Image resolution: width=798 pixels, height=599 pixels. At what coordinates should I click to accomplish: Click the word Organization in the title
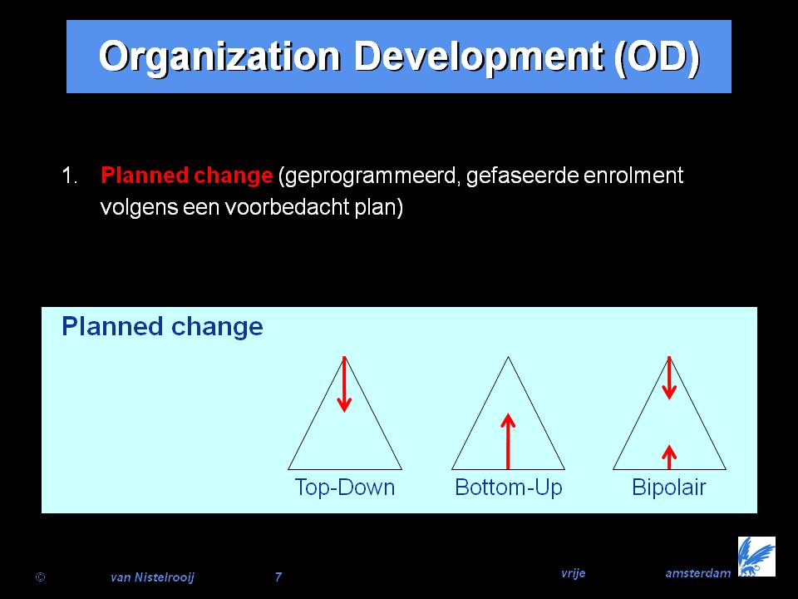[x=219, y=57]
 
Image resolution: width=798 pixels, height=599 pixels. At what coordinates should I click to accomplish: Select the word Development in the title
[x=479, y=57]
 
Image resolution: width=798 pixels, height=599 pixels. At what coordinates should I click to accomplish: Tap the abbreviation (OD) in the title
[x=657, y=57]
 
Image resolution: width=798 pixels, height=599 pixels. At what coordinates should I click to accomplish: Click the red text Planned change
[x=187, y=176]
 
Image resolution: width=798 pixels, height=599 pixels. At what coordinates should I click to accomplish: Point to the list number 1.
[x=69, y=176]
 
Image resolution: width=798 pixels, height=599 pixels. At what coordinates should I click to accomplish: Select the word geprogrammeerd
[x=369, y=176]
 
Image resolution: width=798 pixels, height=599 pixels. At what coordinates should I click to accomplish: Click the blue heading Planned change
[x=162, y=327]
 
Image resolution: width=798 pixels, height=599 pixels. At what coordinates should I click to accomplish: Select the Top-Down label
[x=344, y=488]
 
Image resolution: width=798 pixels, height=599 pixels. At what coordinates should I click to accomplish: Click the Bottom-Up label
[x=509, y=488]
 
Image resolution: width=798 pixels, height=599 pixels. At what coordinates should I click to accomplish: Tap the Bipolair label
[x=668, y=488]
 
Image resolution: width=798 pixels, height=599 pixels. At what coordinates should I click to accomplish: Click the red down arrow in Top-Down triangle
[x=344, y=384]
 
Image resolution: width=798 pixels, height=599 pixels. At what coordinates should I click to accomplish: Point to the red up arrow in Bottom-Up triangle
[x=508, y=441]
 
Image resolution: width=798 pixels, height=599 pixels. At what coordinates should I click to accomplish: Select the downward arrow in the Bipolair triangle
[x=669, y=378]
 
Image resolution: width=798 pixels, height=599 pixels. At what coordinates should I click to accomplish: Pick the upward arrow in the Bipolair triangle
[x=669, y=457]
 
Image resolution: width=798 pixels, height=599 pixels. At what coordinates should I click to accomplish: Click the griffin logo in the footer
[x=756, y=557]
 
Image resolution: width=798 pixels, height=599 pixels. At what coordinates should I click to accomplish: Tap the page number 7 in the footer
[x=278, y=577]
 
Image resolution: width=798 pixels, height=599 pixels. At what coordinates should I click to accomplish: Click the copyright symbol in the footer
[x=40, y=577]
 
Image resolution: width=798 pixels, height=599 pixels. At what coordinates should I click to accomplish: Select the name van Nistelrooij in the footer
[x=153, y=577]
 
